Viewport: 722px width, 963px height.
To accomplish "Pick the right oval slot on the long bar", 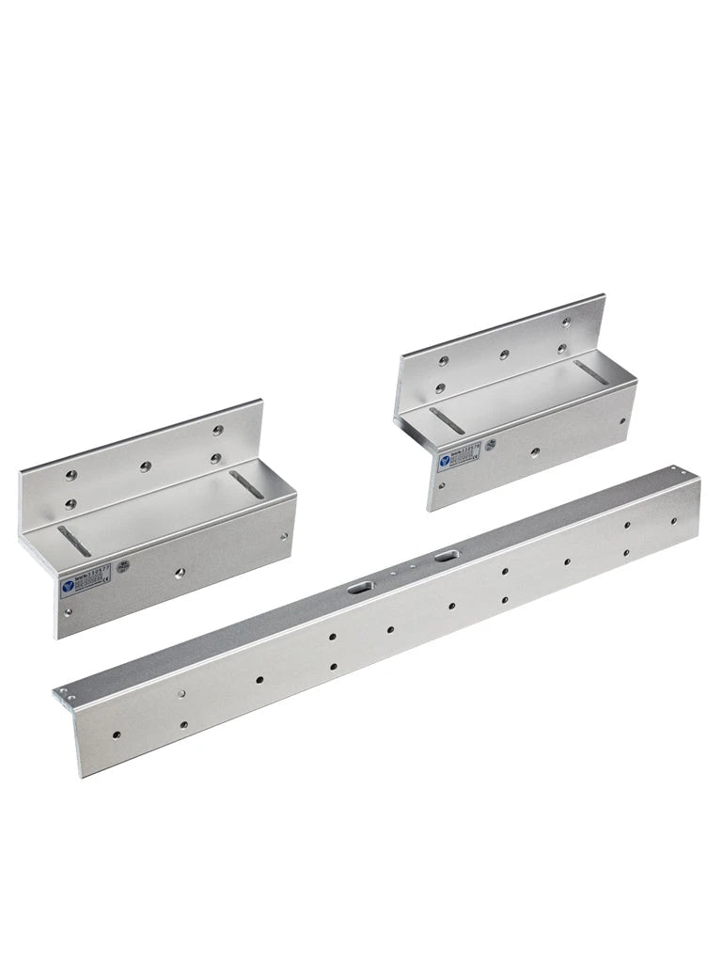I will point(443,561).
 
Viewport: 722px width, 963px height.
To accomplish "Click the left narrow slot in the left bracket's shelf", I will point(74,541).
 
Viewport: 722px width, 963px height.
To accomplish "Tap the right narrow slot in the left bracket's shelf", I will point(243,485).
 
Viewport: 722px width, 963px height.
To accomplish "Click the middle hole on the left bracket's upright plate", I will point(146,466).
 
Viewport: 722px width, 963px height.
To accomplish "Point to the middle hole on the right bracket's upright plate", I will point(505,355).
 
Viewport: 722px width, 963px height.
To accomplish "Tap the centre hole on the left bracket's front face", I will point(177,572).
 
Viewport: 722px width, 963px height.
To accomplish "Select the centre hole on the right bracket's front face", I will point(534,452).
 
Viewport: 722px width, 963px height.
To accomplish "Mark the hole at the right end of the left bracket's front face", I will point(284,537).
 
